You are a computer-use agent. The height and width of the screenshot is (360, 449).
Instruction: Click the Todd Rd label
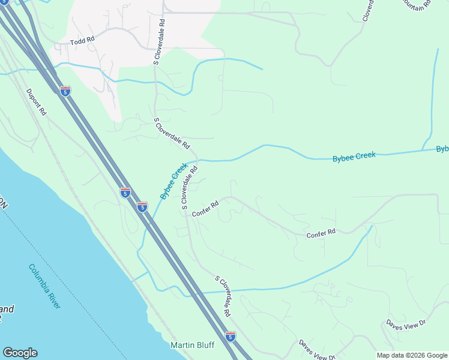83,40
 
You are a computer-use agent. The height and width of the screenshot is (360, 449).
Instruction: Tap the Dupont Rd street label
36,102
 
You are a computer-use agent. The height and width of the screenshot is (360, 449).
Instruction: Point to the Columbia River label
44,286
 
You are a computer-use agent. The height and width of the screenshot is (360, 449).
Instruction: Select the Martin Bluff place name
193,345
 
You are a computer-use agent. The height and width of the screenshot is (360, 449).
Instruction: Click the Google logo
20,353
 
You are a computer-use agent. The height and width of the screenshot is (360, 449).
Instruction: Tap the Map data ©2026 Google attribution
411,355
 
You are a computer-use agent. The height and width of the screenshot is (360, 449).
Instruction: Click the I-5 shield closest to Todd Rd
65,91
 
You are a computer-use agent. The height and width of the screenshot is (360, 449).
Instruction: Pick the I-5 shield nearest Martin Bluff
231,337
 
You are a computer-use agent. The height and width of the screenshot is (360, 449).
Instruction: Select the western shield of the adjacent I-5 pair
125,193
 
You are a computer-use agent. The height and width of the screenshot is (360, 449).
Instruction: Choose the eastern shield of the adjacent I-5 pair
142,207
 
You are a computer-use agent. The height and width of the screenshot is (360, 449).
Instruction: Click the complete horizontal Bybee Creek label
354,156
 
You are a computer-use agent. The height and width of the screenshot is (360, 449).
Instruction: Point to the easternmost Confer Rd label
321,232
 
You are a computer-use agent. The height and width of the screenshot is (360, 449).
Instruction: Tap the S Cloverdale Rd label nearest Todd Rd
158,41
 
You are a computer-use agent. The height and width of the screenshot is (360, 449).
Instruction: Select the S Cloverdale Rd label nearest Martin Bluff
223,296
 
